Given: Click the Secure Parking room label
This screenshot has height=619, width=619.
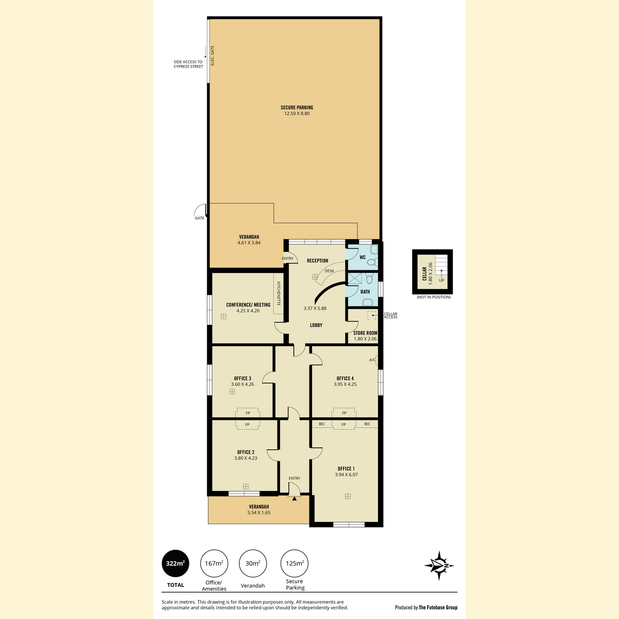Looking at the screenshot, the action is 297,108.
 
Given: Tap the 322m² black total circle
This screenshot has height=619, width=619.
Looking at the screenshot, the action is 175,563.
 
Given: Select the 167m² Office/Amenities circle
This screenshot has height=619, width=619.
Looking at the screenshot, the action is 214,563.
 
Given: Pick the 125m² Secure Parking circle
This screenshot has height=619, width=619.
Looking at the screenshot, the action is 294,563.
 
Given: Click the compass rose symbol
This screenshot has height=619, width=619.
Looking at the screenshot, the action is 439,566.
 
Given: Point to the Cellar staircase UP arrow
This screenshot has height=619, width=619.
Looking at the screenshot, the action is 442,272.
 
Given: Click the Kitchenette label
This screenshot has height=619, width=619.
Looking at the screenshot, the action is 279,294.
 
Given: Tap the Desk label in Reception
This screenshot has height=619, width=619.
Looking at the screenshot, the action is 329,271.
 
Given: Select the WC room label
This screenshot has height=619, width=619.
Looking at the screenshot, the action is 362,257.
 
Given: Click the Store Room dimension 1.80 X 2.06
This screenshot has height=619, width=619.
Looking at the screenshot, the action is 365,338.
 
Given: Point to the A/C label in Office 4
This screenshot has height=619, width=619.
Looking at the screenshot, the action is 372,360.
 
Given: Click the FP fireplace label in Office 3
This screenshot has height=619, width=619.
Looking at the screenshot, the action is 248,413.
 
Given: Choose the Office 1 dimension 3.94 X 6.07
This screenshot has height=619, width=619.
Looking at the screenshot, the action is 346,475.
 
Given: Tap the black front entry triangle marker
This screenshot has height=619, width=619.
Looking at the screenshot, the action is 294,498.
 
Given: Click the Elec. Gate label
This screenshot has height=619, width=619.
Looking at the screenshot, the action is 213,56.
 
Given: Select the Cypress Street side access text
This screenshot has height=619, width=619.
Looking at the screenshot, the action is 188,64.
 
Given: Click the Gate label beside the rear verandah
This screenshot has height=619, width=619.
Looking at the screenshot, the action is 199,218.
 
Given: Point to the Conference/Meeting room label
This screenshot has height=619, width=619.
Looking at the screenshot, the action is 248,305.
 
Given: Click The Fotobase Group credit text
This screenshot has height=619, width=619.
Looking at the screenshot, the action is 438,608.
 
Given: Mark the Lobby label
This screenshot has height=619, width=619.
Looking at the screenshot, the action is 316,325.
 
